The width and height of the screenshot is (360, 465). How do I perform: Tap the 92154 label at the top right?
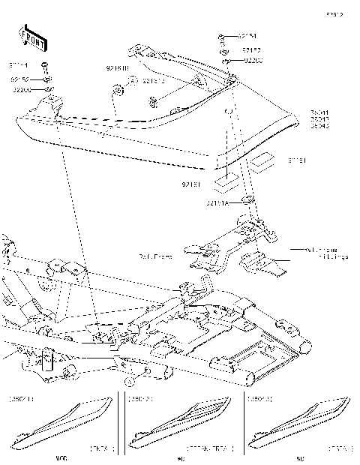pos(247,36)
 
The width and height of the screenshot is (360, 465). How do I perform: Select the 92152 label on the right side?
pos(250,49)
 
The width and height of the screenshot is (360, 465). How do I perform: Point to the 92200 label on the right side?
pos(250,61)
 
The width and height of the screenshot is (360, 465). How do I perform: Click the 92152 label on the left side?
pos(19,78)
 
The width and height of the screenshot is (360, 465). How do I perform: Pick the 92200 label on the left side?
pos(21,89)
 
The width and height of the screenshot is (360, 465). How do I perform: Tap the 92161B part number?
pos(117,68)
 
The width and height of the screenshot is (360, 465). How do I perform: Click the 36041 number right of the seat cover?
pos(319,112)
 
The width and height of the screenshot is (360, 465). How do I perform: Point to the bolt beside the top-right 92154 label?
pos(223,37)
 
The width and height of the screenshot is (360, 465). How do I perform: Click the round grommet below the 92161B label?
pos(118,91)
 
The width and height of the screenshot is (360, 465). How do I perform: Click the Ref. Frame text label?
pos(155,256)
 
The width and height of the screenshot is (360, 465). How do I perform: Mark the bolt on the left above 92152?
pos(45,66)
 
